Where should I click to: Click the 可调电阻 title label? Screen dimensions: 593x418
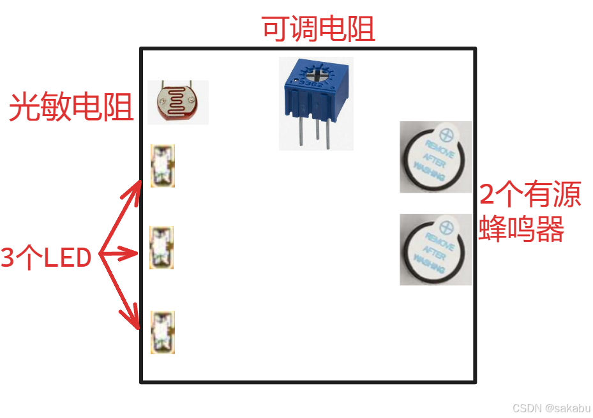point(318,29)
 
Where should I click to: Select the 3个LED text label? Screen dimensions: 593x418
point(47,258)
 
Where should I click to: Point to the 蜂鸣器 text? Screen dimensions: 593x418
point(522,229)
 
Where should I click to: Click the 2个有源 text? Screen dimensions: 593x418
point(530,194)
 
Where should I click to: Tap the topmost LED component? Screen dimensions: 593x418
point(162,166)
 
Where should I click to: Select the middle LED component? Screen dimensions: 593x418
point(161,247)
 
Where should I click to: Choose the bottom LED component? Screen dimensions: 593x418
point(162,332)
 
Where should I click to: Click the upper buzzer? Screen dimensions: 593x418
point(436,156)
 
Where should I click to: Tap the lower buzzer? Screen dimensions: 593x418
point(436,249)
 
